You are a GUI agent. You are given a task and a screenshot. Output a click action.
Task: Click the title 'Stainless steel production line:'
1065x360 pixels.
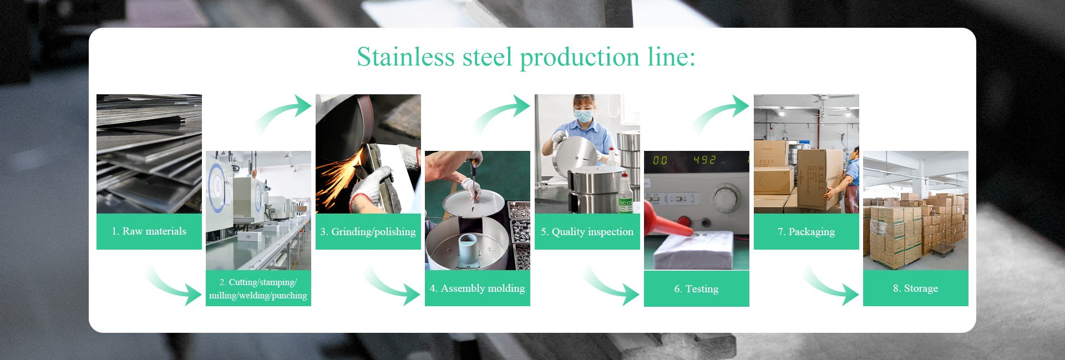point(526,58)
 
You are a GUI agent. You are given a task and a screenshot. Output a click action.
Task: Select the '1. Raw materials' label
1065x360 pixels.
point(149,231)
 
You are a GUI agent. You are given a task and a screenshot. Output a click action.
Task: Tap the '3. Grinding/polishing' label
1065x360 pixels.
point(368,232)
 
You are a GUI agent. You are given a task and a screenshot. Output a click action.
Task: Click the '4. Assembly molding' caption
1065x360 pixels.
point(477,288)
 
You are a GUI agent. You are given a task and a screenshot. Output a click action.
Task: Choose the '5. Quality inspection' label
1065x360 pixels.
point(587,232)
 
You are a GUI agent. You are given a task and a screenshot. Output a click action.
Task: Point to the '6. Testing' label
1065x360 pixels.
point(696,289)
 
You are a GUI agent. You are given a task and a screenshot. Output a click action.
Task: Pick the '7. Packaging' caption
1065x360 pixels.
point(806,232)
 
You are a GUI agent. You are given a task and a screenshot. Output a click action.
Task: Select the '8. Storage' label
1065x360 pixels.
point(915,288)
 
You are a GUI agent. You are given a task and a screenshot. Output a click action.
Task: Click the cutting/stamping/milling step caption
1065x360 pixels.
point(258,288)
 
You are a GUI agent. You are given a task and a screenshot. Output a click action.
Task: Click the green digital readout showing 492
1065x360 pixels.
point(704,160)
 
